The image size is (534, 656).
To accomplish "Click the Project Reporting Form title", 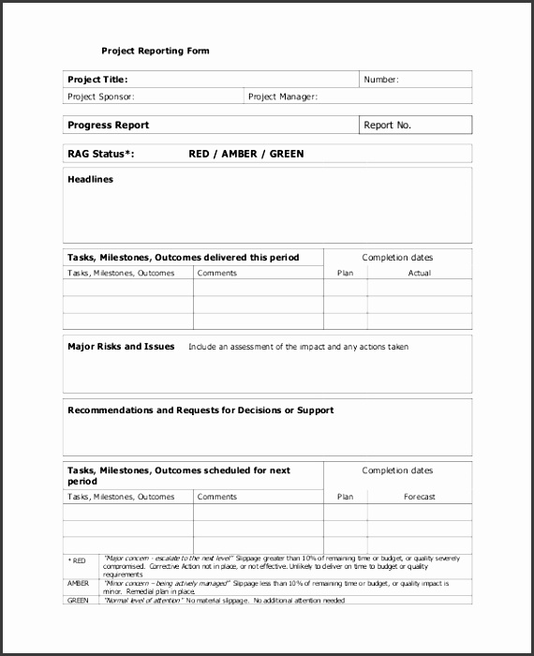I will click(156, 51).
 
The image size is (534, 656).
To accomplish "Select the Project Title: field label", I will click(97, 80).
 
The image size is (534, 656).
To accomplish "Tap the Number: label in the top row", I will click(380, 80).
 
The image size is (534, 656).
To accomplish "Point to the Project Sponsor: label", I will click(101, 97).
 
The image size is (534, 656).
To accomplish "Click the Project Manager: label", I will click(283, 97).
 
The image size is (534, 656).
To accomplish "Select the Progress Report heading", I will click(108, 125).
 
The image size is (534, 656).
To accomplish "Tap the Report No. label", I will click(387, 125).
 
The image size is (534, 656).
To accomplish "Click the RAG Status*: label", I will click(101, 154).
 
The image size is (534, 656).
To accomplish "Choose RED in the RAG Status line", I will click(200, 154).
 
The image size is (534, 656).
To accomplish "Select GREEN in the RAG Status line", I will click(287, 154).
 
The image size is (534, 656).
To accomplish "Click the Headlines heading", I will click(90, 179).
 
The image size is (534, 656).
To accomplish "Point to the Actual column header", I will click(419, 273).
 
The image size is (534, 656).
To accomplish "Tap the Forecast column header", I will click(419, 497).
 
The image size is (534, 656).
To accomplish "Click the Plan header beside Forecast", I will click(345, 497).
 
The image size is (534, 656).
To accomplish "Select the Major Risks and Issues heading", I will click(121, 346).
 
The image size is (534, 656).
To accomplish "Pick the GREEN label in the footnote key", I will click(77, 600).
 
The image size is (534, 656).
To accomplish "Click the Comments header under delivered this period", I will click(217, 273).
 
